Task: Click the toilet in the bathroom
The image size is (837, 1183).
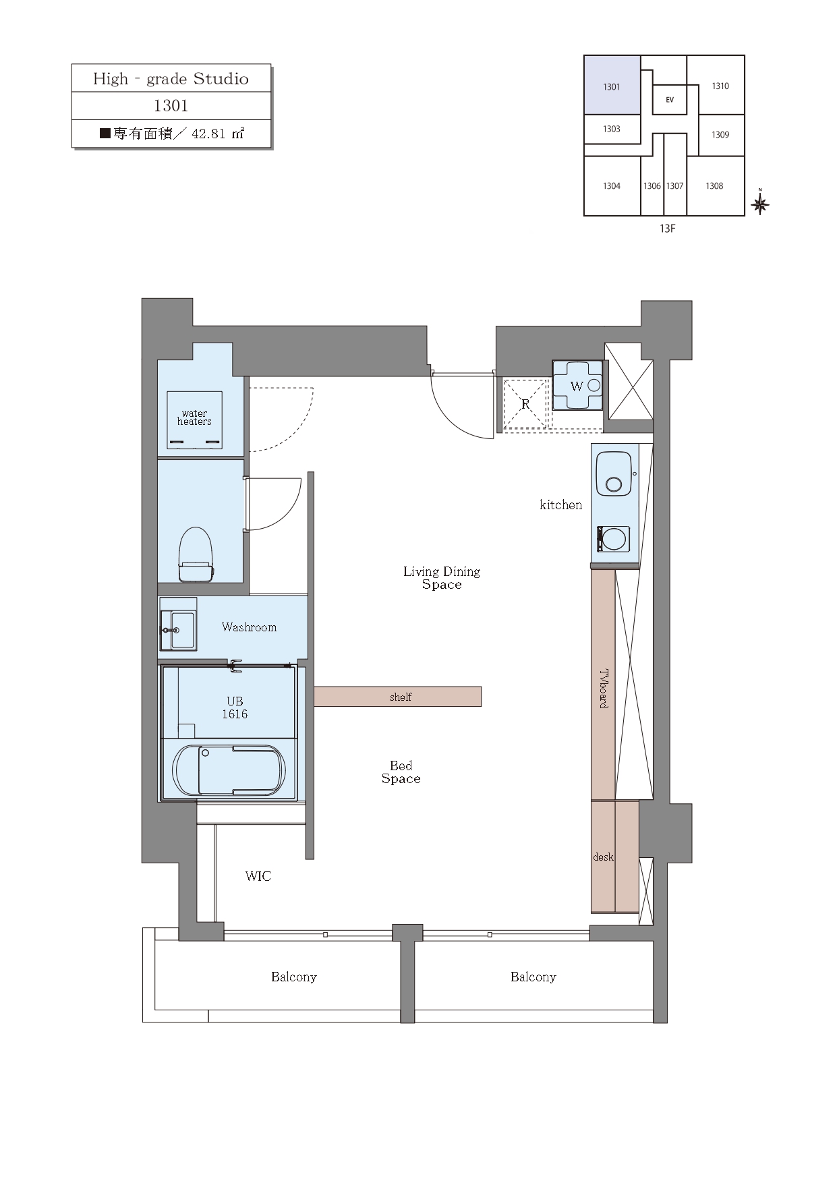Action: click(196, 554)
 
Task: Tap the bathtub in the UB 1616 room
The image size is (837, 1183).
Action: click(229, 770)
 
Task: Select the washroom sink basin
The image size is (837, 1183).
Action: click(183, 629)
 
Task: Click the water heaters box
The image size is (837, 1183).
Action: click(194, 420)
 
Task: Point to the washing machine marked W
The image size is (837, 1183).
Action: click(578, 385)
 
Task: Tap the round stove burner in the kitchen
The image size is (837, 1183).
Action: click(613, 540)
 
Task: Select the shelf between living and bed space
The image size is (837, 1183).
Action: click(398, 697)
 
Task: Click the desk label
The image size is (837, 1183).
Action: click(603, 857)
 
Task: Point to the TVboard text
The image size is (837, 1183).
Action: click(604, 688)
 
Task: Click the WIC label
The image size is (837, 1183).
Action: click(258, 876)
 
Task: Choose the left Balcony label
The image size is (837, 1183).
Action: click(294, 977)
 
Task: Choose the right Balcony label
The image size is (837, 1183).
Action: click(533, 977)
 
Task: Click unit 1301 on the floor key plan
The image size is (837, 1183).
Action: click(612, 85)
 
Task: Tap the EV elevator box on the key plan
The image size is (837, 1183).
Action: click(670, 100)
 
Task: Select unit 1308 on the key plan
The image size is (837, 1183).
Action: click(715, 185)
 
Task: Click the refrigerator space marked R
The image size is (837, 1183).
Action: click(525, 405)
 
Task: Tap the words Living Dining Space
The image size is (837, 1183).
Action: click(442, 578)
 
